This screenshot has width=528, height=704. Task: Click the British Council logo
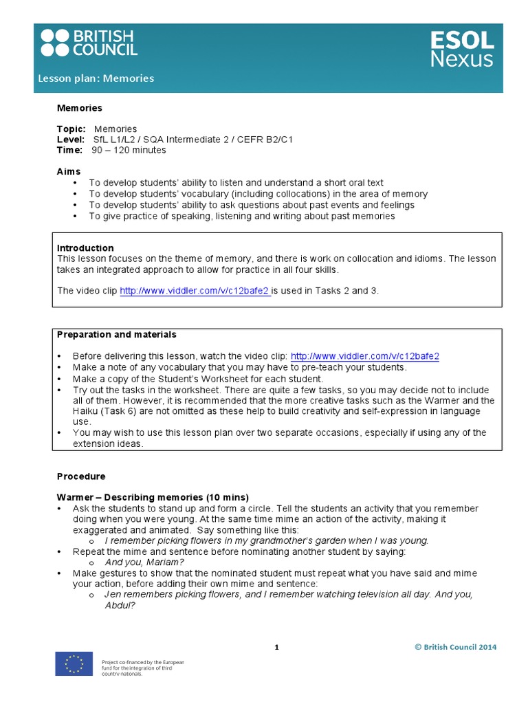[89, 43]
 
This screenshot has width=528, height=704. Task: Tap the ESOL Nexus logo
[461, 49]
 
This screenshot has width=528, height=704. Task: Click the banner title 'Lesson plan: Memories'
[96, 78]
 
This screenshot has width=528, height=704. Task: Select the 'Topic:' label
[71, 129]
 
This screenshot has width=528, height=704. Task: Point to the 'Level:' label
[71, 140]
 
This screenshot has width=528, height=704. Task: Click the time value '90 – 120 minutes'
[129, 150]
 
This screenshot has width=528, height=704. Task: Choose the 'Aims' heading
[69, 171]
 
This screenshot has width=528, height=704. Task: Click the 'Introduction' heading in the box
[85, 248]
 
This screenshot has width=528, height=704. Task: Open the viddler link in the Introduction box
[195, 291]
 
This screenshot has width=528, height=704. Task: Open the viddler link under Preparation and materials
[364, 356]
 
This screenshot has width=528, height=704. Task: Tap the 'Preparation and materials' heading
[116, 335]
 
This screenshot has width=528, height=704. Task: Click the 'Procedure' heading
[81, 476]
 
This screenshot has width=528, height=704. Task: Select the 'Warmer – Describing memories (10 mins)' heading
[153, 497]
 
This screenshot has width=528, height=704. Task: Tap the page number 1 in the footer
[276, 647]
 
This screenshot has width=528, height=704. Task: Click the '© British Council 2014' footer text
[455, 647]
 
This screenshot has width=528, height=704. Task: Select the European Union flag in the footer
[74, 665]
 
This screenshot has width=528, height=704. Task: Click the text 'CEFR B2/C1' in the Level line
[267, 140]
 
